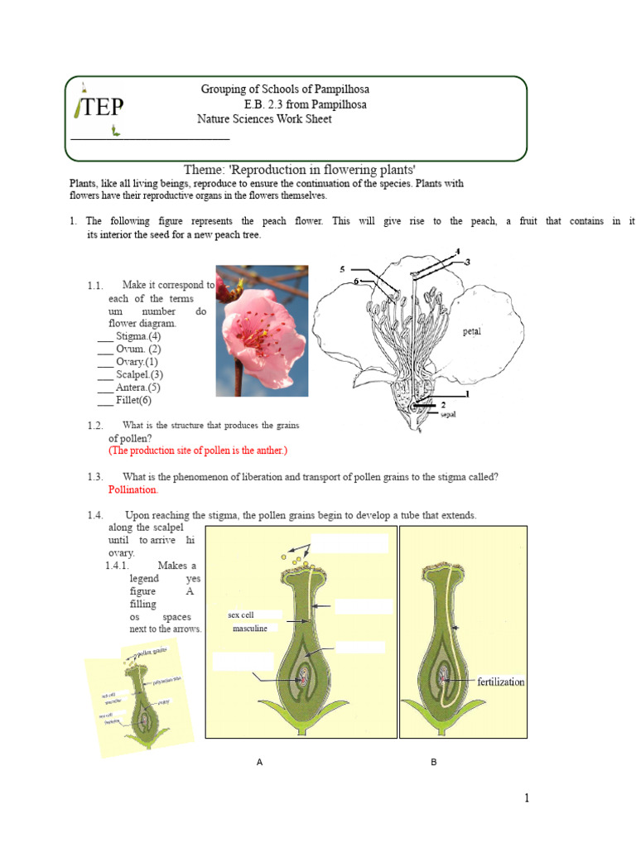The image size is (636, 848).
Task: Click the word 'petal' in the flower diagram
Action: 472,331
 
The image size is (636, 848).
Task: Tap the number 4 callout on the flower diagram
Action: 457,251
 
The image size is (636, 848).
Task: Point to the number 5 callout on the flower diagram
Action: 342,269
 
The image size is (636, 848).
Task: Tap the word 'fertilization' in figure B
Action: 501,682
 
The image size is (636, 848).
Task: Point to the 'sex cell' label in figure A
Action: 241,615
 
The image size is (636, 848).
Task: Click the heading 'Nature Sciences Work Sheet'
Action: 264,119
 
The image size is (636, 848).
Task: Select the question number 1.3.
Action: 94,477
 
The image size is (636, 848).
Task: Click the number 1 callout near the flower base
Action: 467,394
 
